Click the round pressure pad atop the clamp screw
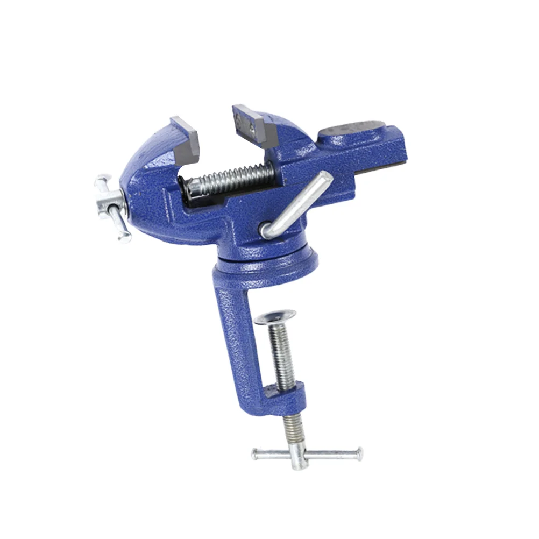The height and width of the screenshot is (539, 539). click(275, 316)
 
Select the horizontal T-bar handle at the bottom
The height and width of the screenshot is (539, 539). click(307, 453)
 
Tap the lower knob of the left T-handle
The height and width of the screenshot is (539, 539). click(124, 235)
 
